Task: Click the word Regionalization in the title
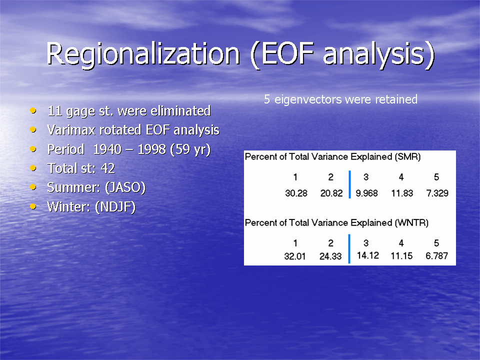(x=143, y=54)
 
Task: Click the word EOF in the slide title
(x=288, y=53)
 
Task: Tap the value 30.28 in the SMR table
(x=296, y=193)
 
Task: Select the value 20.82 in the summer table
(x=331, y=193)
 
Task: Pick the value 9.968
(x=366, y=193)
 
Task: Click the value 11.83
(x=402, y=193)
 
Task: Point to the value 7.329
(x=437, y=193)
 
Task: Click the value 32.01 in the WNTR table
(x=295, y=256)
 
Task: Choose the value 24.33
(x=330, y=256)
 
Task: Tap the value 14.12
(x=368, y=255)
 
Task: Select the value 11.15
(x=401, y=255)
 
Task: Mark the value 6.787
(x=437, y=255)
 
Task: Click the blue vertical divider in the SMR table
(x=349, y=184)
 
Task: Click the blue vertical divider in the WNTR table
(x=349, y=248)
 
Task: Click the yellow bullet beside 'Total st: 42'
(x=33, y=168)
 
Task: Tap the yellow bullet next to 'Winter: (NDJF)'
(x=33, y=206)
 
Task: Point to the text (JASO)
(x=125, y=187)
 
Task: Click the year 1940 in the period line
(x=107, y=149)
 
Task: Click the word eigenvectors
(x=307, y=99)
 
